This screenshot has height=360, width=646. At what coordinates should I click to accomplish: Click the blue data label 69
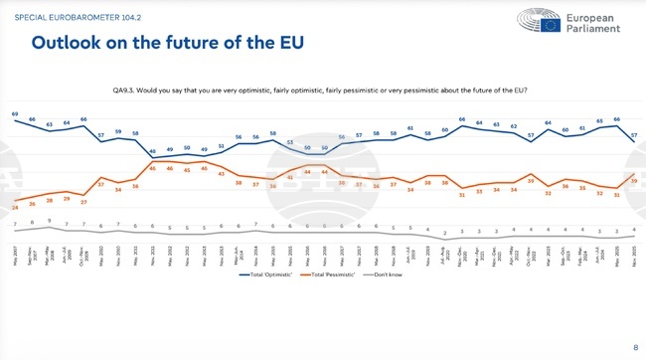(15, 114)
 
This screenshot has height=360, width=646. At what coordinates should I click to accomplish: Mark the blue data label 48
(153, 150)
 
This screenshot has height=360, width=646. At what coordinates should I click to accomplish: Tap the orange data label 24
(15, 206)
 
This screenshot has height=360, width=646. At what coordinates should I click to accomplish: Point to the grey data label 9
(49, 220)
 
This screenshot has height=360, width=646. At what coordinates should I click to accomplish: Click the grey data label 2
(445, 233)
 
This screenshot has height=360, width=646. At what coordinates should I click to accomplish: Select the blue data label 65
(599, 121)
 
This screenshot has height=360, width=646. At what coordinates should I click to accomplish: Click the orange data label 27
(83, 201)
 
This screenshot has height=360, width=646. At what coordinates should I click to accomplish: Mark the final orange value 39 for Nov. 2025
(634, 180)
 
